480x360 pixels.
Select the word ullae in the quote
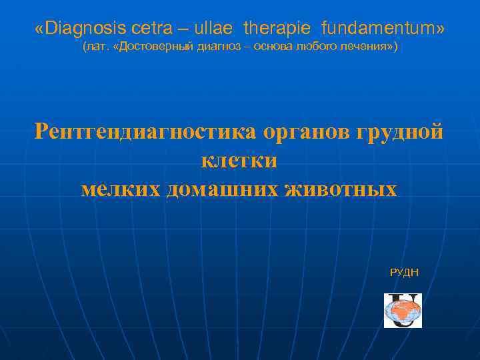coord(215,29)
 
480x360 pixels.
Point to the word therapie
coord(278,29)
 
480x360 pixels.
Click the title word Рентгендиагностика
coord(145,131)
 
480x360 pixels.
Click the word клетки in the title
coord(239,161)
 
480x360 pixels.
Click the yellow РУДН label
coord(404,273)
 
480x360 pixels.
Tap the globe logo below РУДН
coord(403,311)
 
